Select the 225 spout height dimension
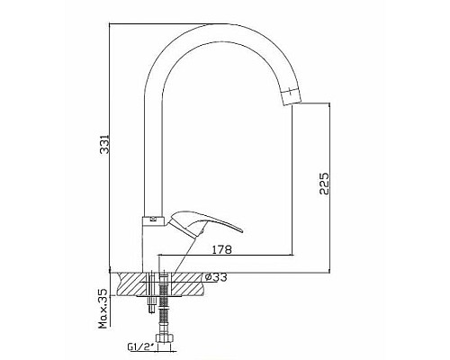(324, 184)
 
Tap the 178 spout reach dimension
(222, 249)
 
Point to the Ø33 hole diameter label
(216, 277)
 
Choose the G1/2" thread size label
(140, 347)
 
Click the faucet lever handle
(204, 224)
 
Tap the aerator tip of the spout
(290, 96)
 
